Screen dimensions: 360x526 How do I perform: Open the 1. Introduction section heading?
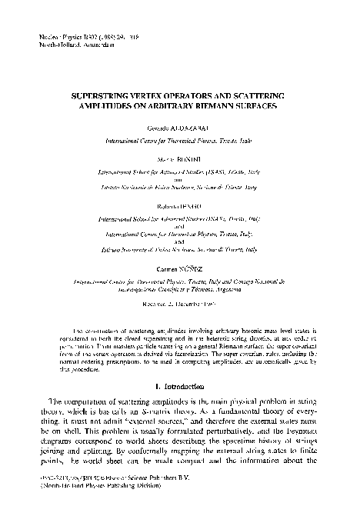point(179,384)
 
